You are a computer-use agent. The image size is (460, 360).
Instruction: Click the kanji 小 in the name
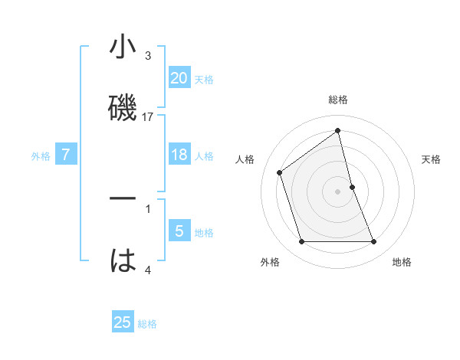point(123,49)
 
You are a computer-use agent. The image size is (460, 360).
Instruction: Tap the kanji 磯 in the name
point(123,106)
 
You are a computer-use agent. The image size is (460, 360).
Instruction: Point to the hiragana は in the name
point(123,260)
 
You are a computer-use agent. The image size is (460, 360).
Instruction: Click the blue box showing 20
point(179,77)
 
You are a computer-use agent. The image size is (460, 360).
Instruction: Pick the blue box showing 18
point(179,155)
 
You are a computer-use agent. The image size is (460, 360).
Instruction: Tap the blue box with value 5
point(179,231)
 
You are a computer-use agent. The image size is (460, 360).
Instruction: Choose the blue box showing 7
point(66,155)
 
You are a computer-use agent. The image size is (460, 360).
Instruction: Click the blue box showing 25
point(123,322)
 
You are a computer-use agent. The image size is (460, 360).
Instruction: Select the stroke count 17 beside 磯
point(148,117)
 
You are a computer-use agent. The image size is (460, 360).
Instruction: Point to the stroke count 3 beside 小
point(148,56)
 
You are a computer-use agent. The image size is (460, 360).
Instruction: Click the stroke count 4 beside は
point(148,270)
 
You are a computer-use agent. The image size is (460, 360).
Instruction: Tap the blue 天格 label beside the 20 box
point(204,79)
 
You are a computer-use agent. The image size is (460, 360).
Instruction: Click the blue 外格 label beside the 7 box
point(41,156)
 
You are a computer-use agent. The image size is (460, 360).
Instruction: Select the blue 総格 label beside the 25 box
point(147,324)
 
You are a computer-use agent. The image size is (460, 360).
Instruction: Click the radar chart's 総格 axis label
point(338,100)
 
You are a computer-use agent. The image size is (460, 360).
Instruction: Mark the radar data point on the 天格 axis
point(352,187)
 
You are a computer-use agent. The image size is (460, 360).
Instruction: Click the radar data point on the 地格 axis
point(374,242)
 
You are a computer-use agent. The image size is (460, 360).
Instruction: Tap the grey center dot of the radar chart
point(338,191)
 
